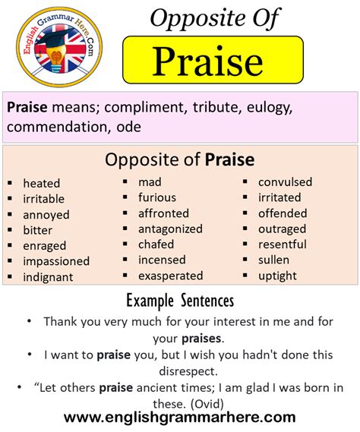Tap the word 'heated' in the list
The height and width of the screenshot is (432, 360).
[42, 183]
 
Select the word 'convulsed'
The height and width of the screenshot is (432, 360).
[285, 182]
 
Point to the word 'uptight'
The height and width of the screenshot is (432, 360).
[277, 276]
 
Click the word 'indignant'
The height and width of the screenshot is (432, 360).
[48, 277]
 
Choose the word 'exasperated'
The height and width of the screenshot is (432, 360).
[170, 276]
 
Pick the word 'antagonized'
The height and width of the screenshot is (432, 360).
[170, 229]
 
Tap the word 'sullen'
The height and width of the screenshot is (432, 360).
[273, 260]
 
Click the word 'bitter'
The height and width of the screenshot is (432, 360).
[39, 230]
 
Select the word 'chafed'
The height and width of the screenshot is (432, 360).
[156, 244]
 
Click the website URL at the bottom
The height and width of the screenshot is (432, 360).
[180, 417]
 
